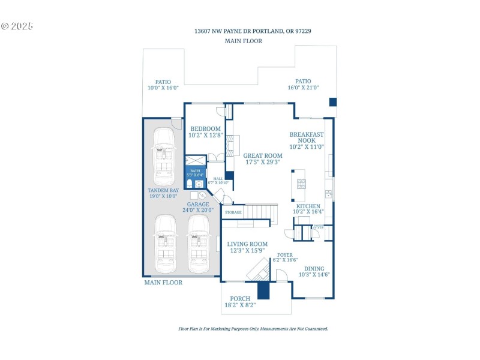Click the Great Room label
point(264,158)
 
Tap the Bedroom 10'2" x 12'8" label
point(206,132)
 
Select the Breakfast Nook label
point(307,140)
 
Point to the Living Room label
point(247,247)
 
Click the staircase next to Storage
point(261,212)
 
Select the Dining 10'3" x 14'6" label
point(314,271)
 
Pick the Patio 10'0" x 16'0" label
point(163,85)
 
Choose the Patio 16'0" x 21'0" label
point(303,84)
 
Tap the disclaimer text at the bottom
point(253,329)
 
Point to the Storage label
point(233,212)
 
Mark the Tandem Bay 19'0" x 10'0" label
point(164,193)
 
